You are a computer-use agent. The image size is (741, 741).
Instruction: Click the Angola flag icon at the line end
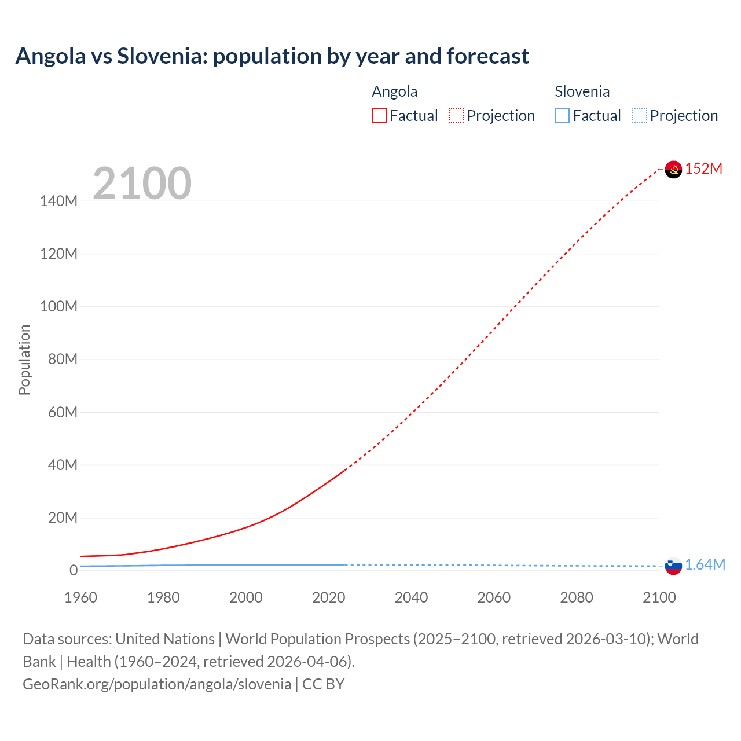tap(673, 169)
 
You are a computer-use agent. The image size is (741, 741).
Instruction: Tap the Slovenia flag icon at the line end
tap(673, 566)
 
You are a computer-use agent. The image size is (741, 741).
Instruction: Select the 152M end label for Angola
tap(704, 168)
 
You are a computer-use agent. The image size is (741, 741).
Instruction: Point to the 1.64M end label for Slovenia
tap(705, 564)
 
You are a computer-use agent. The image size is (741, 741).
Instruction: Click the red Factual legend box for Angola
tap(379, 116)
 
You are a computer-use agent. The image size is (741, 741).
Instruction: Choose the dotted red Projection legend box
tap(456, 116)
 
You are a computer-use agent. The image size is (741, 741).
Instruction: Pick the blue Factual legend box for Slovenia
tap(562, 116)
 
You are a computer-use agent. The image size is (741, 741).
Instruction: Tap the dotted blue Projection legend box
tap(640, 116)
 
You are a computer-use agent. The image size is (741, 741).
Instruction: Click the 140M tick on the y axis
tap(58, 201)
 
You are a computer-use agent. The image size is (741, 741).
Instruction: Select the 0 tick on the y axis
tap(74, 570)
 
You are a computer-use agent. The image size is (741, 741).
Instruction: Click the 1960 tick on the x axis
tap(80, 597)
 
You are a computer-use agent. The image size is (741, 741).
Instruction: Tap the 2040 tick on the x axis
tap(411, 597)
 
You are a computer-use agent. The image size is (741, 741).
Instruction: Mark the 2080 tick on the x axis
tap(577, 597)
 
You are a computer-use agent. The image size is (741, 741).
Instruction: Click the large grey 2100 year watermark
tap(142, 184)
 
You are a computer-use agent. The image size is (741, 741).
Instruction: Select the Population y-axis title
tap(24, 360)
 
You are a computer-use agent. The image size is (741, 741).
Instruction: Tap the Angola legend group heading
tap(394, 91)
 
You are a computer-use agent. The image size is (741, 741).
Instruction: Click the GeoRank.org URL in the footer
tap(157, 684)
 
